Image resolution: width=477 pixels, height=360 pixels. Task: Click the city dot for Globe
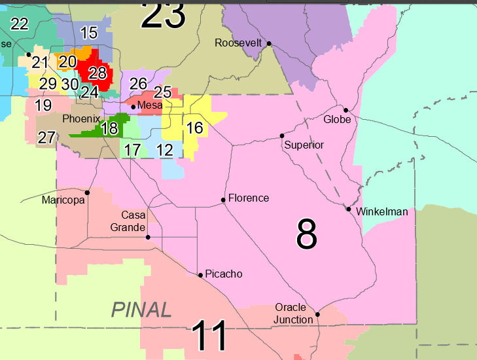(x=345, y=110)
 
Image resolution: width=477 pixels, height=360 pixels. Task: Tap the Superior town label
(x=304, y=145)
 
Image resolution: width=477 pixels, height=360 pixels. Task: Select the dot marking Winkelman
(x=349, y=209)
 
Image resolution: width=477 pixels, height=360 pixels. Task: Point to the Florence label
(x=249, y=198)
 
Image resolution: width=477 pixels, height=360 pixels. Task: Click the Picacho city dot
(x=200, y=275)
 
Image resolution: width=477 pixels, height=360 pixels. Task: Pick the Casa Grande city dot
(x=148, y=237)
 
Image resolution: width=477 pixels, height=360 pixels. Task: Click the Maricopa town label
(x=63, y=200)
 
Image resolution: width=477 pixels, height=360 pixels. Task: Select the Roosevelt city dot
(x=268, y=44)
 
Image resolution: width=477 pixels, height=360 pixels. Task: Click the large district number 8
(x=306, y=234)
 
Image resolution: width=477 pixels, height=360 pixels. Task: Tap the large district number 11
(x=209, y=336)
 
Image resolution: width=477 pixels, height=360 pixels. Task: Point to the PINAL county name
(x=141, y=309)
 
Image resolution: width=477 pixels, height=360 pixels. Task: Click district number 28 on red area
(x=97, y=73)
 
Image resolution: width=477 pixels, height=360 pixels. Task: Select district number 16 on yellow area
(x=194, y=128)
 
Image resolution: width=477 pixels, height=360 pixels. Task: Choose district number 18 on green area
(x=109, y=128)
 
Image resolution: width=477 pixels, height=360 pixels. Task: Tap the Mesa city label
(x=150, y=105)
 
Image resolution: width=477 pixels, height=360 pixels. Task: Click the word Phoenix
(x=81, y=119)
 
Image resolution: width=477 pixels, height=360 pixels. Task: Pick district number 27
(x=46, y=137)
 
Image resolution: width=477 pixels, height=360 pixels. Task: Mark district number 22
(x=20, y=24)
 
